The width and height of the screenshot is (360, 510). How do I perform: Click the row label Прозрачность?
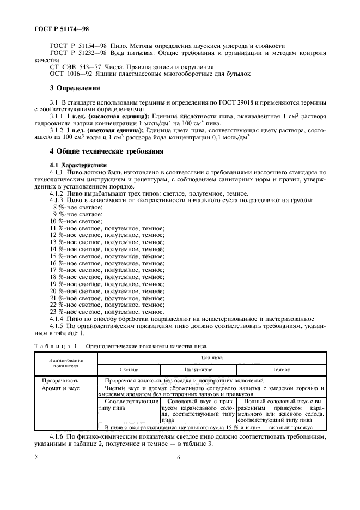(x=60, y=380)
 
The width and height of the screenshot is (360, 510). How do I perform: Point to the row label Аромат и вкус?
(x=62, y=388)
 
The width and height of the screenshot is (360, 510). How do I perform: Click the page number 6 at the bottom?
(x=178, y=458)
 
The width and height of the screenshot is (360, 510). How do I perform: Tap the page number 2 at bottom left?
(x=36, y=458)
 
